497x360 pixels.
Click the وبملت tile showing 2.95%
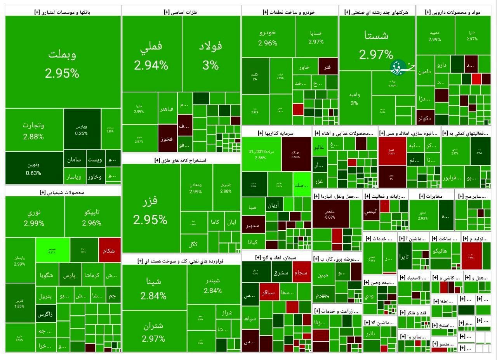(x=63, y=62)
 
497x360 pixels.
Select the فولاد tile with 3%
(x=211, y=54)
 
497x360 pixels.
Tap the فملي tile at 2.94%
(x=151, y=54)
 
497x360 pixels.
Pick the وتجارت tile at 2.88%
(x=33, y=130)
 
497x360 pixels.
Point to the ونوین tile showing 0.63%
(x=33, y=168)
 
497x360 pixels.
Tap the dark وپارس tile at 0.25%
(x=82, y=129)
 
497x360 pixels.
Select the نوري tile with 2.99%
(x=34, y=217)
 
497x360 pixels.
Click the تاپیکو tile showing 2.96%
(x=92, y=217)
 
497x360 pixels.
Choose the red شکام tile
(x=109, y=250)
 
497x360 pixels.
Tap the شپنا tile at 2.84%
(x=154, y=287)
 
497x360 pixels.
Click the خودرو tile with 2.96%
(x=268, y=37)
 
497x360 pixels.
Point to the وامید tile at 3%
(x=354, y=99)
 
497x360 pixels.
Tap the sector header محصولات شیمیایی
(x=63, y=192)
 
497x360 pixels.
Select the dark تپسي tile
(x=370, y=212)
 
